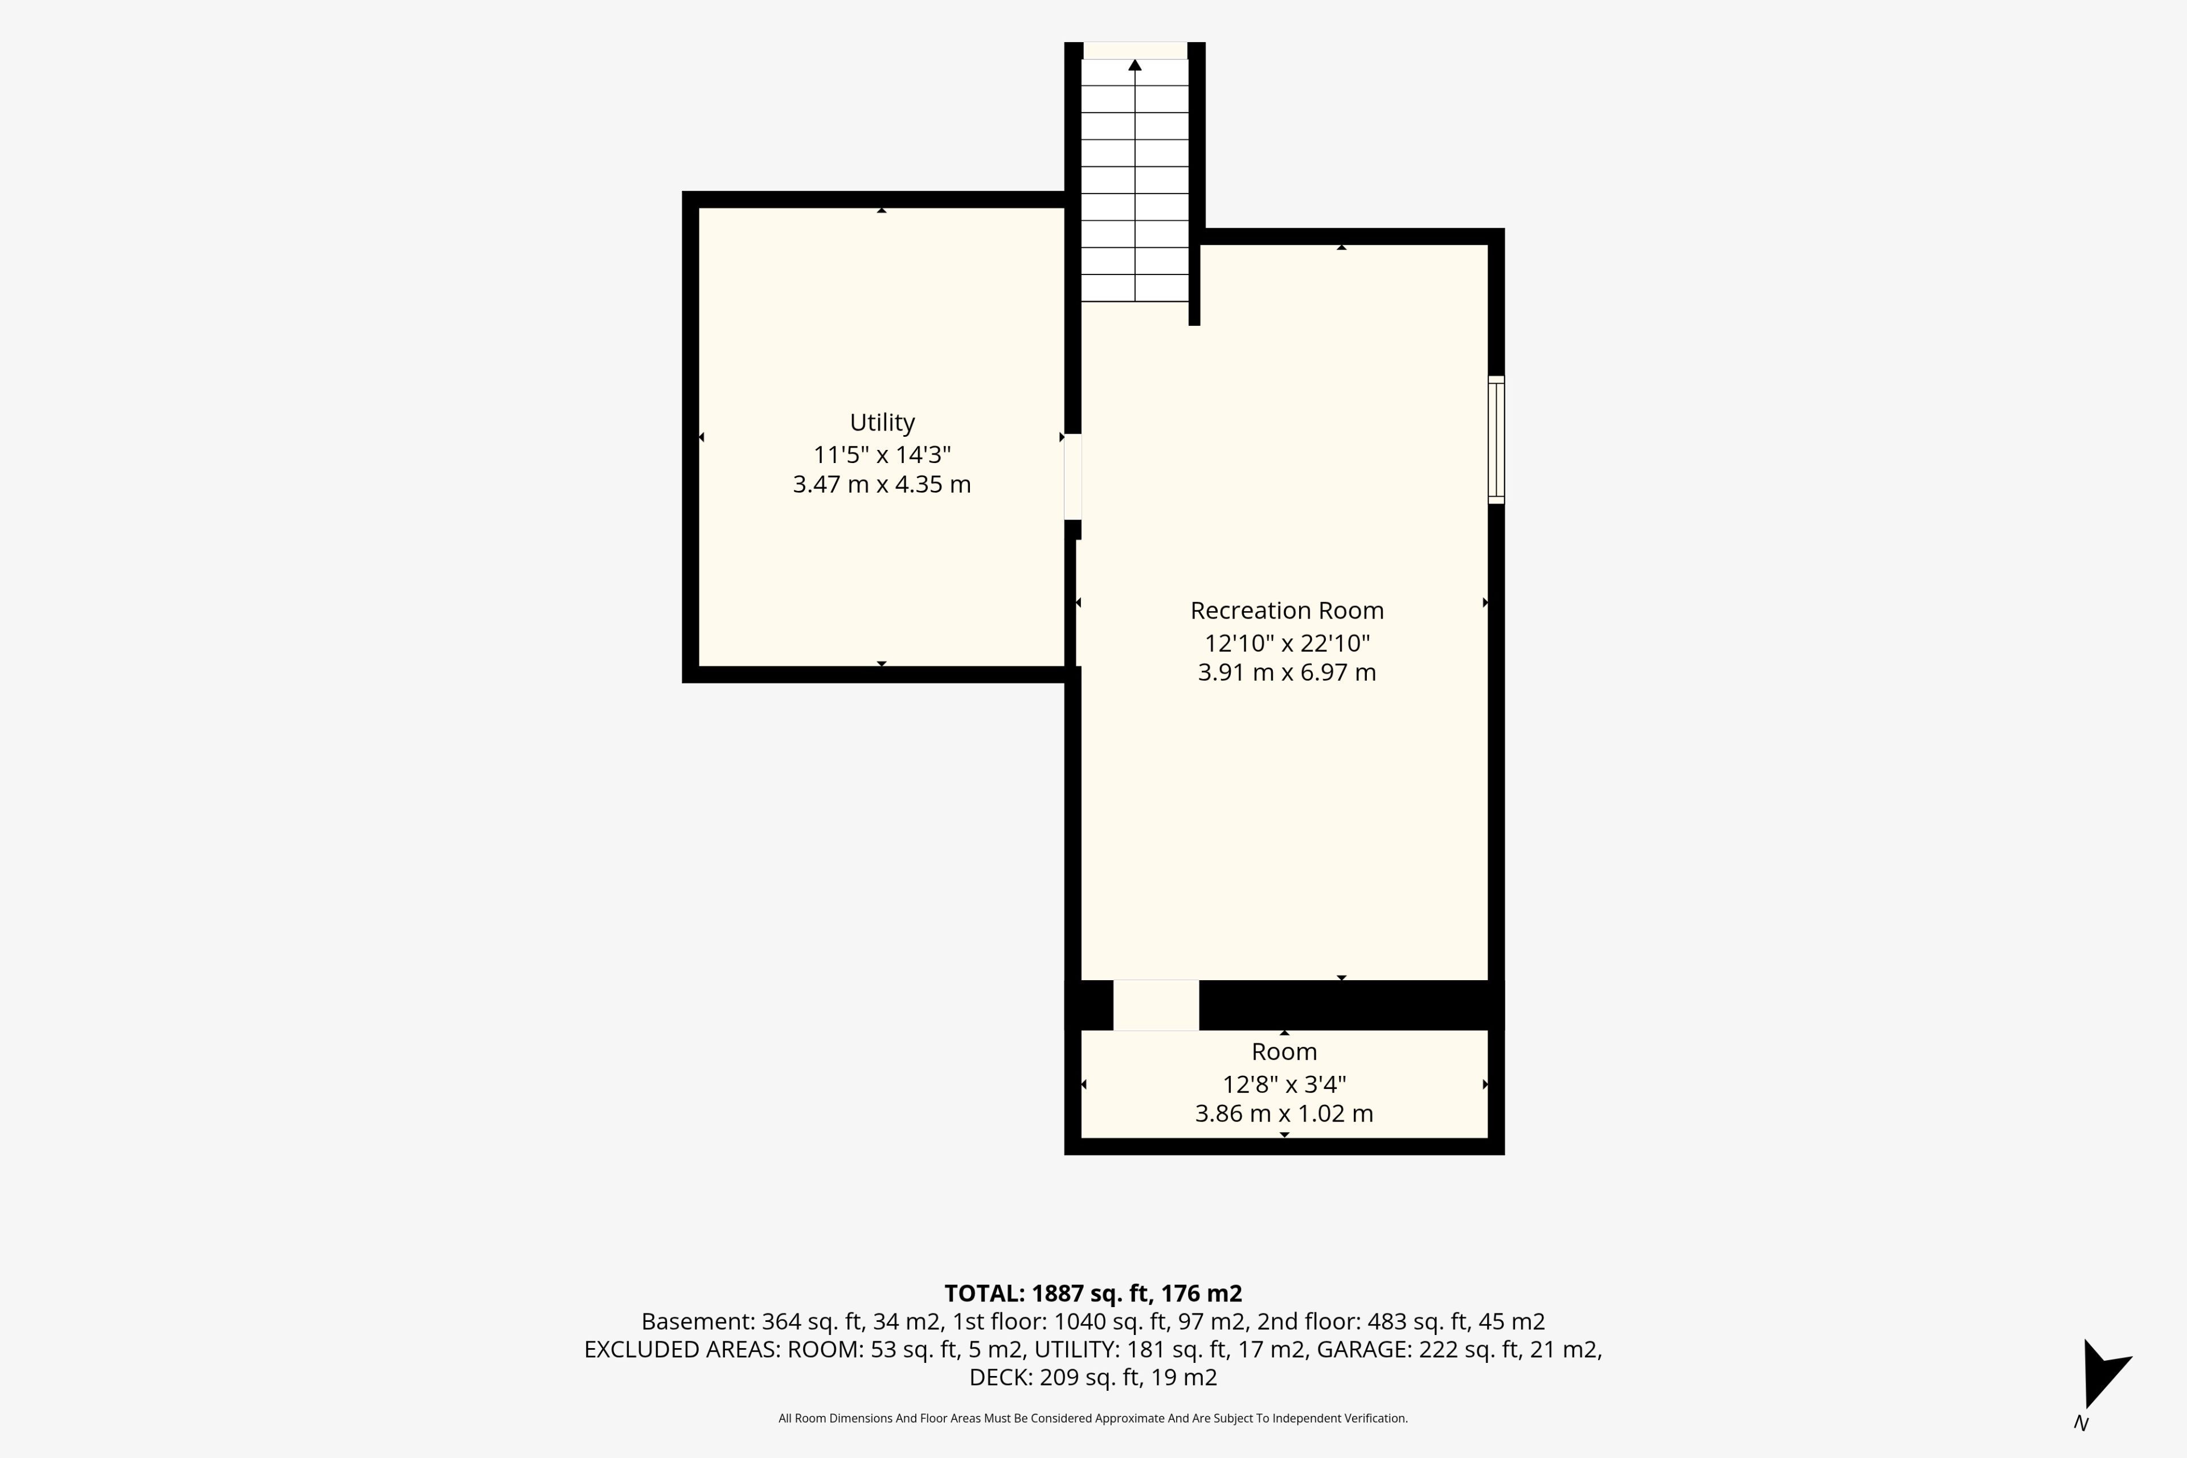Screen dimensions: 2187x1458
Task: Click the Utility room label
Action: pyautogui.click(x=882, y=423)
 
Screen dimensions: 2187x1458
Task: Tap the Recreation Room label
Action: pyautogui.click(x=1287, y=611)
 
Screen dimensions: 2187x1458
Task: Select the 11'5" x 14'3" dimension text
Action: pyautogui.click(x=882, y=454)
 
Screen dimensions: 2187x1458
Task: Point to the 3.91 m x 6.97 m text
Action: pyautogui.click(x=1287, y=672)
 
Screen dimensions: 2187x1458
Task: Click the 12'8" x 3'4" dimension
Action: pyautogui.click(x=1284, y=1084)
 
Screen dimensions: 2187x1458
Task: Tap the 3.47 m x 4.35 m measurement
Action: pyautogui.click(x=882, y=485)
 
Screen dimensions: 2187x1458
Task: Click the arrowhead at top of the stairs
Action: pyautogui.click(x=1135, y=64)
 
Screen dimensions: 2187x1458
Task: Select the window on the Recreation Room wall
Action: pyautogui.click(x=1496, y=440)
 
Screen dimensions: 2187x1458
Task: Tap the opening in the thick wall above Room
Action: pyautogui.click(x=1156, y=1005)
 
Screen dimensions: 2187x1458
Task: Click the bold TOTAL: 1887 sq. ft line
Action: pyautogui.click(x=1093, y=1293)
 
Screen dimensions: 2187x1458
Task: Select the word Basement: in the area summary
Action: pyautogui.click(x=697, y=1321)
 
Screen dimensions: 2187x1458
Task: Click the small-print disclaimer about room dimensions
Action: pyautogui.click(x=1093, y=1418)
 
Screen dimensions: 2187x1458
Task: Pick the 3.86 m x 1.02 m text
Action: pyautogui.click(x=1284, y=1114)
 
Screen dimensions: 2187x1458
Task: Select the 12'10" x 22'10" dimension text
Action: pyautogui.click(x=1287, y=642)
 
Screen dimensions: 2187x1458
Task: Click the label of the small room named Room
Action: pyautogui.click(x=1284, y=1052)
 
